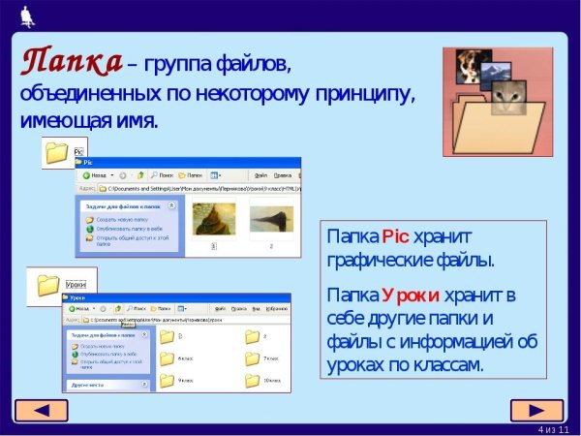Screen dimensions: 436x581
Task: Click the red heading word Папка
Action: pyautogui.click(x=72, y=61)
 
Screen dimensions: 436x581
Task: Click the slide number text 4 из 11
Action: pyautogui.click(x=554, y=428)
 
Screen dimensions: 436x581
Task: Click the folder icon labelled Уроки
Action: pyautogui.click(x=49, y=285)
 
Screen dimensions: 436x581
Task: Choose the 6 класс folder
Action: pyautogui.click(x=167, y=358)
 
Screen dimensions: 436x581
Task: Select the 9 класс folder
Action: pyautogui.click(x=167, y=379)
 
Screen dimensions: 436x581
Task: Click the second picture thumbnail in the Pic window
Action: pyautogui.click(x=271, y=219)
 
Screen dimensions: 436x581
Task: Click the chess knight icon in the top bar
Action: pyautogui.click(x=22, y=15)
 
